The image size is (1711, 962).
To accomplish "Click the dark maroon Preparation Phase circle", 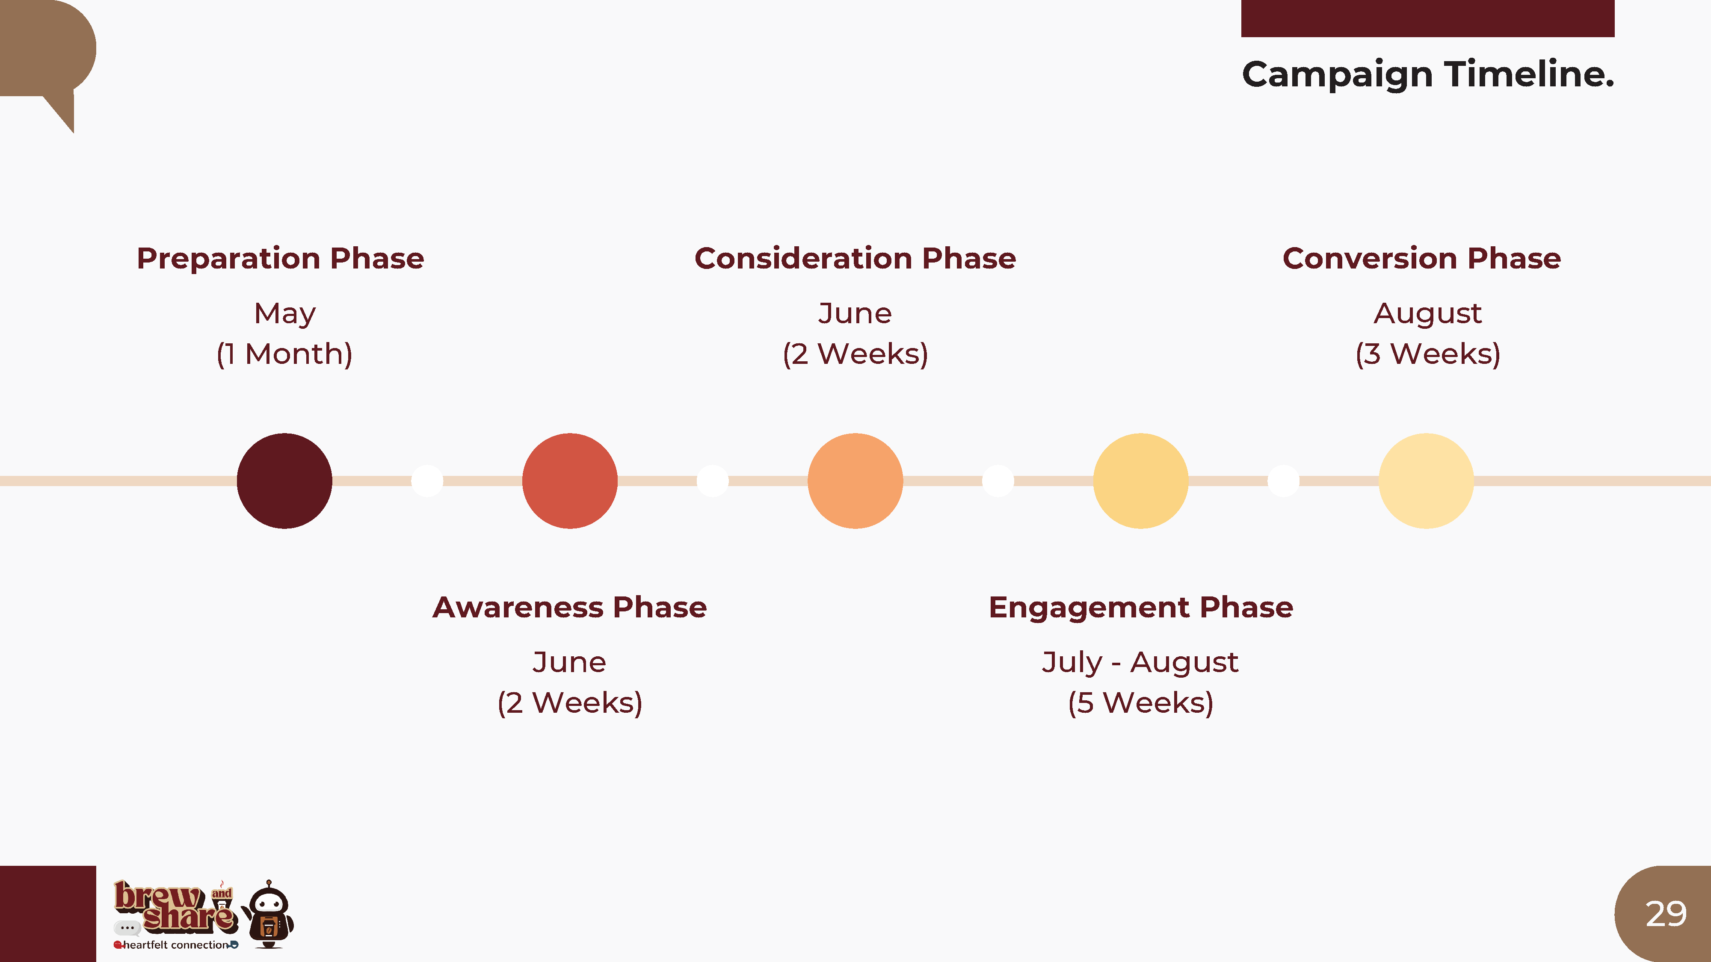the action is [x=284, y=481].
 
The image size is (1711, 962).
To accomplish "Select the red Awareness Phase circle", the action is [x=570, y=481].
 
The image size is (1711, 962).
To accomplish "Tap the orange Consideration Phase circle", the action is [x=855, y=481].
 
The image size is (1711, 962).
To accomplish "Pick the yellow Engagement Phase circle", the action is [x=1140, y=481].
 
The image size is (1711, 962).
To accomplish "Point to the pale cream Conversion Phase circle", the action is [x=1426, y=481].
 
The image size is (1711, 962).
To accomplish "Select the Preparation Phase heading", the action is [x=280, y=258].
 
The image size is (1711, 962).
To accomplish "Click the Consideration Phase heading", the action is [x=855, y=258].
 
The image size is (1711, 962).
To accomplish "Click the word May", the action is [x=285, y=314].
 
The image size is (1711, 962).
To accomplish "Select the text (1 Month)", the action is [x=285, y=354].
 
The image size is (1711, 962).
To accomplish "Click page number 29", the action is [x=1666, y=914].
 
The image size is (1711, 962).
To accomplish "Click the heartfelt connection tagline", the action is [x=176, y=945].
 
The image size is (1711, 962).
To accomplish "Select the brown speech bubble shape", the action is [x=43, y=53].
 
